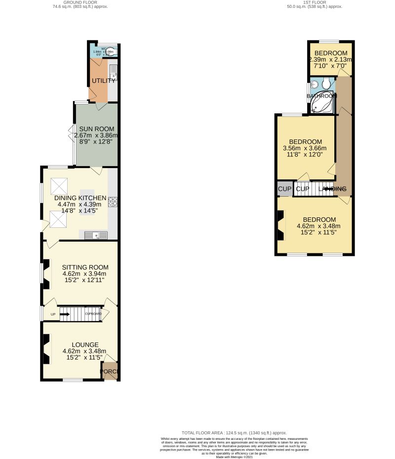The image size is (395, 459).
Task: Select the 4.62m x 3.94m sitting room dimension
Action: (x=84, y=274)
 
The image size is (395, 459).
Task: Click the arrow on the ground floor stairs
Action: (x=65, y=314)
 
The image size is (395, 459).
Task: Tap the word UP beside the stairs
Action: (x=52, y=314)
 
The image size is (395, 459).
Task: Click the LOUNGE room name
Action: (x=85, y=345)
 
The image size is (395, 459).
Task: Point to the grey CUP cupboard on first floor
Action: (x=284, y=189)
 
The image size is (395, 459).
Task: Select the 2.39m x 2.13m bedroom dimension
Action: (x=330, y=60)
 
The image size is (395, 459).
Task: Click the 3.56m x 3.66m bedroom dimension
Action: (x=305, y=148)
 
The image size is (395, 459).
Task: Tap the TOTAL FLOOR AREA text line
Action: (x=234, y=432)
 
